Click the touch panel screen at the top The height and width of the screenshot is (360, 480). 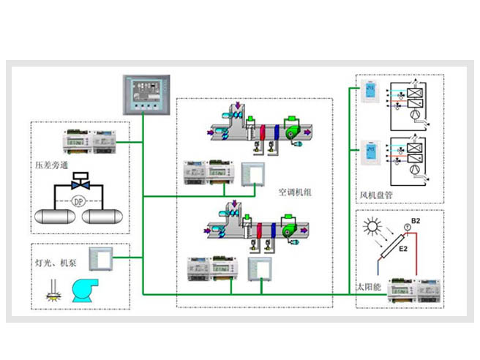(x=143, y=93)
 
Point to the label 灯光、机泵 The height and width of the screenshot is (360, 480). (x=56, y=261)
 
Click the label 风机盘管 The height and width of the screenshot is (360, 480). (x=378, y=196)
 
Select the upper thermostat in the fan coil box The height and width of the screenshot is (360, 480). (x=371, y=93)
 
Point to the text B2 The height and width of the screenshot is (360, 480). (x=416, y=221)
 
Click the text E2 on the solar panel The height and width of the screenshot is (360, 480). (x=402, y=250)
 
